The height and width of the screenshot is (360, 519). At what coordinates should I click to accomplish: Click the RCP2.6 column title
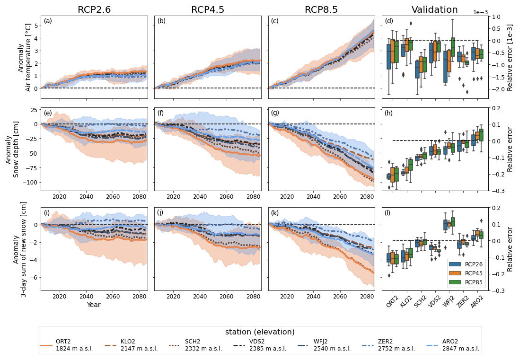click(x=94, y=10)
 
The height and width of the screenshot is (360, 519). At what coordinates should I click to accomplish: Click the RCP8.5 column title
click(x=321, y=10)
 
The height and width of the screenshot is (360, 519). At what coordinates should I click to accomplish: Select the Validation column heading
click(x=434, y=10)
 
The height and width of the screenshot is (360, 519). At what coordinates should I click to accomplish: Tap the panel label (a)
click(x=48, y=21)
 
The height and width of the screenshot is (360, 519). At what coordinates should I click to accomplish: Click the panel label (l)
click(x=388, y=213)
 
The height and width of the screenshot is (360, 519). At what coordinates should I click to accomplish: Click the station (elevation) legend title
click(x=260, y=332)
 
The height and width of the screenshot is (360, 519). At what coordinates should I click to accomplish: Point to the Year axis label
click(x=94, y=305)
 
